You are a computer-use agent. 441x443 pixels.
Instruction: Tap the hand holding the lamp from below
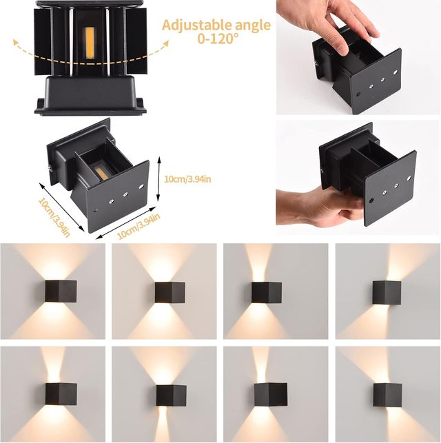[314, 205]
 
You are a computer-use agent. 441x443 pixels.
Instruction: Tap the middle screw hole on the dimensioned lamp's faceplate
[125, 194]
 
